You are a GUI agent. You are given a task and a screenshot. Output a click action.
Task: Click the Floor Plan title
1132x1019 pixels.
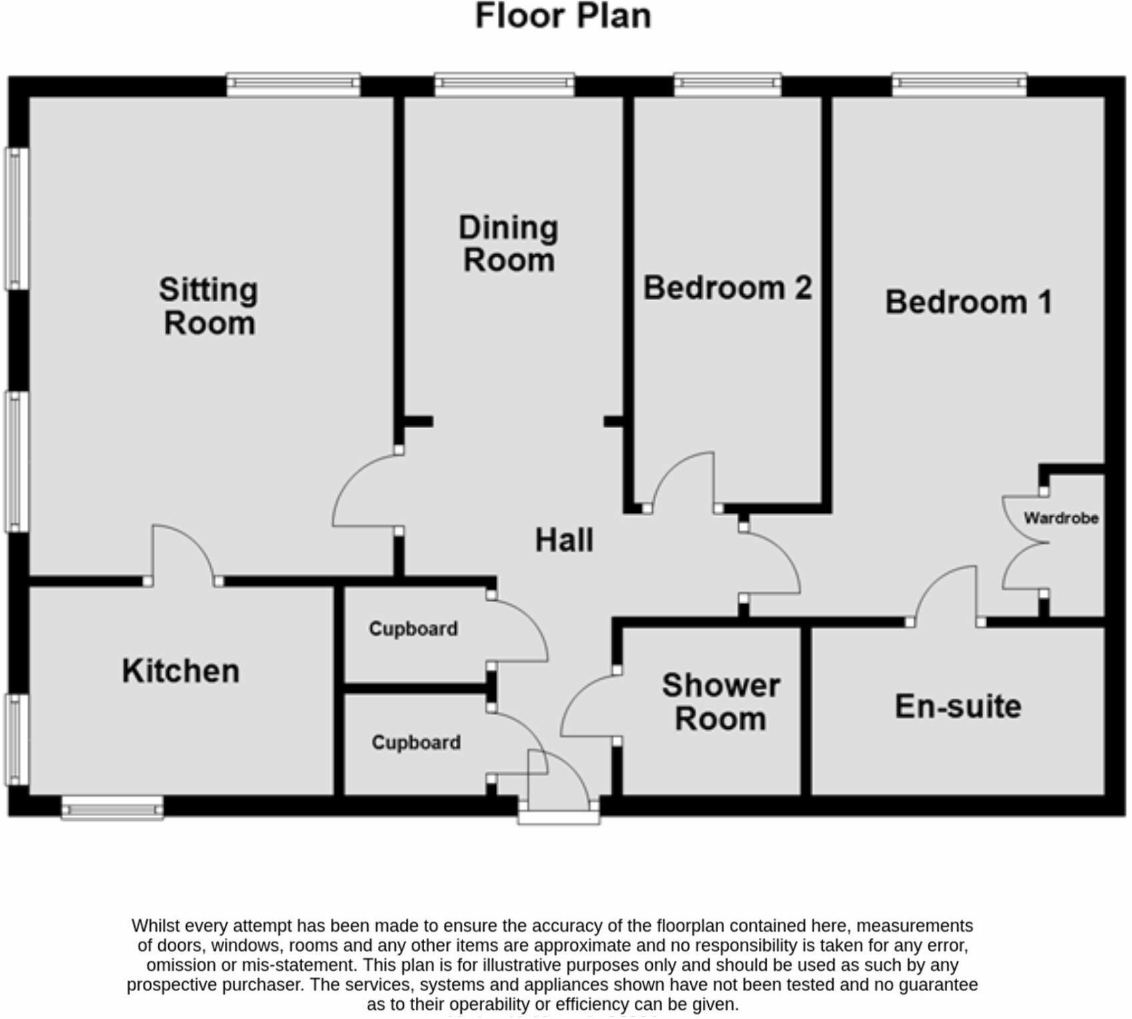tap(563, 16)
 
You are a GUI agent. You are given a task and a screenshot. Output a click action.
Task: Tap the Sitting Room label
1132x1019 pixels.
tap(209, 307)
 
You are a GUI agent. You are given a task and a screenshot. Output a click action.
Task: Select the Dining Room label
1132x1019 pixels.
tap(509, 244)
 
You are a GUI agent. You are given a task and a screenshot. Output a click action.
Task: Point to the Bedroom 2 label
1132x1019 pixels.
tap(728, 288)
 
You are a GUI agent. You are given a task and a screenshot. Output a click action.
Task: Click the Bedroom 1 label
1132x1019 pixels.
tap(968, 302)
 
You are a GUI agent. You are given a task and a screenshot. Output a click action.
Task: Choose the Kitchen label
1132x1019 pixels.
tap(180, 671)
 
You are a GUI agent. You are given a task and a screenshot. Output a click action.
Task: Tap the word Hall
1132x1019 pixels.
tap(564, 540)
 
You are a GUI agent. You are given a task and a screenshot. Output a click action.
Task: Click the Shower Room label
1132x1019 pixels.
tap(721, 702)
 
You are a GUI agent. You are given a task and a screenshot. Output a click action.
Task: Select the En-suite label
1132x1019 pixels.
tap(958, 707)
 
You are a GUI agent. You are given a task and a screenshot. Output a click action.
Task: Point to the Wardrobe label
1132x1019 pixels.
tap(1061, 518)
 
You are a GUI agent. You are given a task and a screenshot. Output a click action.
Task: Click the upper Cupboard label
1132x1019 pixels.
tap(413, 629)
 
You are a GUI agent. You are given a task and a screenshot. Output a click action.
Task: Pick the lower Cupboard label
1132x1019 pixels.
tap(416, 743)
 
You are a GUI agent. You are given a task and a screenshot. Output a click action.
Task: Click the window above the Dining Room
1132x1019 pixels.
tap(505, 84)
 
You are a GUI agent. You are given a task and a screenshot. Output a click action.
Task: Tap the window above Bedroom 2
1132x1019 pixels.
tap(728, 84)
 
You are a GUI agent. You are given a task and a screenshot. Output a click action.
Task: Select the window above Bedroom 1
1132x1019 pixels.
tap(960, 84)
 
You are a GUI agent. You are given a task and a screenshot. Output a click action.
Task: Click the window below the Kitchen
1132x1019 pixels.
tap(112, 809)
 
